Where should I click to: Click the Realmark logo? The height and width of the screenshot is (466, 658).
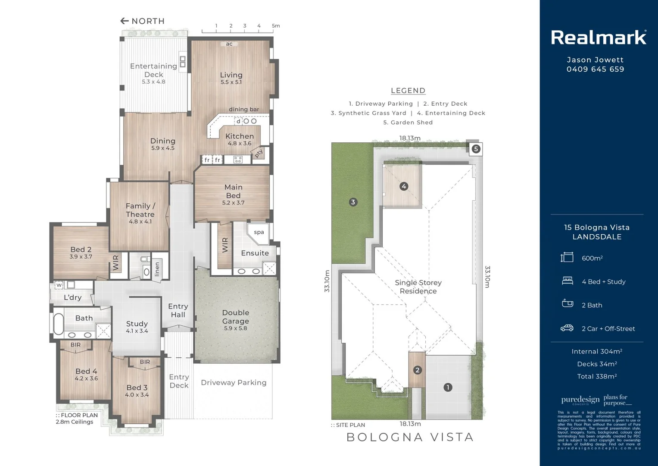coord(599,38)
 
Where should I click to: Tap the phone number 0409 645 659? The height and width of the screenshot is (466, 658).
coord(595,69)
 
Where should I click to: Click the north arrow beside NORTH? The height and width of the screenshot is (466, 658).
coord(125,21)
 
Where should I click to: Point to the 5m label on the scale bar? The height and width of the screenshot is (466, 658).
coord(276,26)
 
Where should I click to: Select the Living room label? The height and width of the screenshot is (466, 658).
coord(231,75)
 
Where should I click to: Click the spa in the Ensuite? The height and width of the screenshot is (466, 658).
coord(259,233)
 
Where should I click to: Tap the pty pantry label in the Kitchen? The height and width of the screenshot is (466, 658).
coord(259,153)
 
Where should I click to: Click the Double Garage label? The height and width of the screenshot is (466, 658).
coord(235,317)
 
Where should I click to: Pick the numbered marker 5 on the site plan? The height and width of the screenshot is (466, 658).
coord(476,149)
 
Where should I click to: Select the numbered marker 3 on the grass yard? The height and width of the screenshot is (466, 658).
coord(353,202)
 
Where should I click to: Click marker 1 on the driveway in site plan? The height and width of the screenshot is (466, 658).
coord(448,387)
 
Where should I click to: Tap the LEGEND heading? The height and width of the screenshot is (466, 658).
coord(408,91)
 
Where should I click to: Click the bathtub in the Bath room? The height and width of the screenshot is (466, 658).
coord(59,323)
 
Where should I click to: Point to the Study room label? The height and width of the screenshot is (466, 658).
coord(137,324)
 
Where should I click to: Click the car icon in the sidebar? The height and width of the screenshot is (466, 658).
coord(567,328)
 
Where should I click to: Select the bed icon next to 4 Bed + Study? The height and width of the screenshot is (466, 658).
coord(567,281)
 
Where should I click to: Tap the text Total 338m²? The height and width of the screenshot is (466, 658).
coord(597,376)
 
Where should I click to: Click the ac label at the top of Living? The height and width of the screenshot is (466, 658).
coord(229,44)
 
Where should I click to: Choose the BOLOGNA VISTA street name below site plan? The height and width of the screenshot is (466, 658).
coord(410,437)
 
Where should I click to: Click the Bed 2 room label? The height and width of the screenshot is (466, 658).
coord(81,250)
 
